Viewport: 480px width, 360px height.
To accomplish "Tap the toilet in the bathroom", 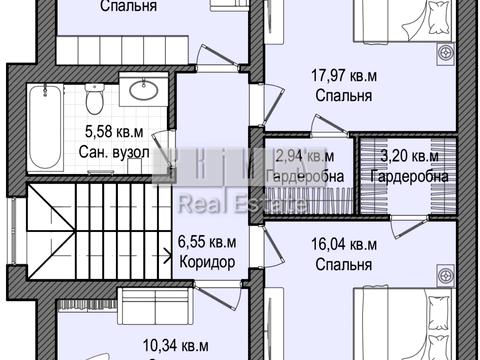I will [93, 100].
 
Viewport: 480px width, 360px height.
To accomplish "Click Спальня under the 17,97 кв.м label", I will [343, 97].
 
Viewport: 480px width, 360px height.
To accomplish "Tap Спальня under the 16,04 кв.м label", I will [343, 266].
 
